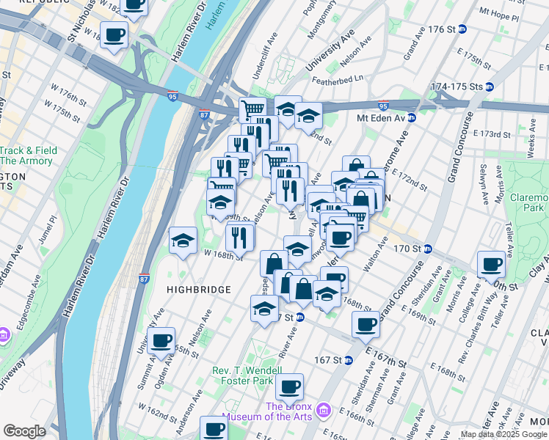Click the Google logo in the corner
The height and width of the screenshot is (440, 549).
tap(24, 431)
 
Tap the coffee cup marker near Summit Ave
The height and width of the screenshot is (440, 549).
tap(161, 341)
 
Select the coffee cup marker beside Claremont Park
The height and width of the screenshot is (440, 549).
tap(491, 265)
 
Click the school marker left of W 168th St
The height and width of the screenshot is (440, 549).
tap(183, 240)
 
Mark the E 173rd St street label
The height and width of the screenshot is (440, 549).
tap(491, 134)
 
